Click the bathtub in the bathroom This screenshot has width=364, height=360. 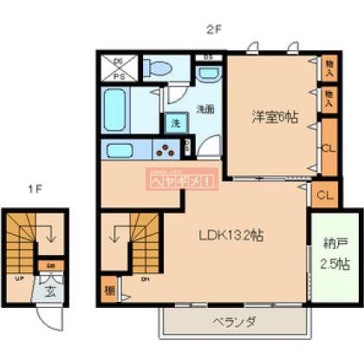pos(121,109)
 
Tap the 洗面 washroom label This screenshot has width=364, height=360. pos(205,109)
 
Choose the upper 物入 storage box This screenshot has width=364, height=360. pos(328,66)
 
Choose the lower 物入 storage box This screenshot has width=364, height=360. pos(328,97)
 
